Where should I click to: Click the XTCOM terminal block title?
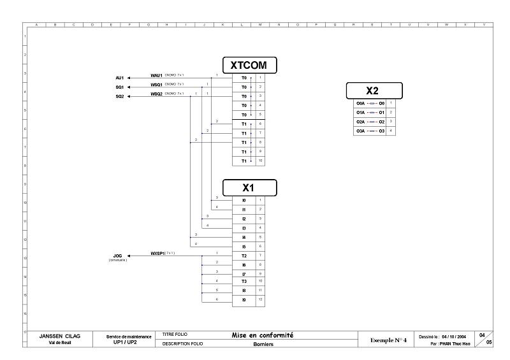(249, 64)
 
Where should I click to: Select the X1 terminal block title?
(249, 187)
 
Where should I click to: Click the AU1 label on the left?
(120, 78)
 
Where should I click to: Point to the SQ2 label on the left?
(120, 96)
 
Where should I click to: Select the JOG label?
(118, 256)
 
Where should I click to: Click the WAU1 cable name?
(157, 75)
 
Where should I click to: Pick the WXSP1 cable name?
(157, 253)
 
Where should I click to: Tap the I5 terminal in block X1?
(244, 246)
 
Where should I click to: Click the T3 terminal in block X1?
(244, 280)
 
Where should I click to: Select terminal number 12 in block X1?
(260, 299)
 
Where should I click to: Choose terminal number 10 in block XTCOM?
(260, 161)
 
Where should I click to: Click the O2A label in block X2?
(360, 121)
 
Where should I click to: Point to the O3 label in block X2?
(381, 131)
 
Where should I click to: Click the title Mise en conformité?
(263, 335)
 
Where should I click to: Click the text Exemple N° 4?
(388, 340)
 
